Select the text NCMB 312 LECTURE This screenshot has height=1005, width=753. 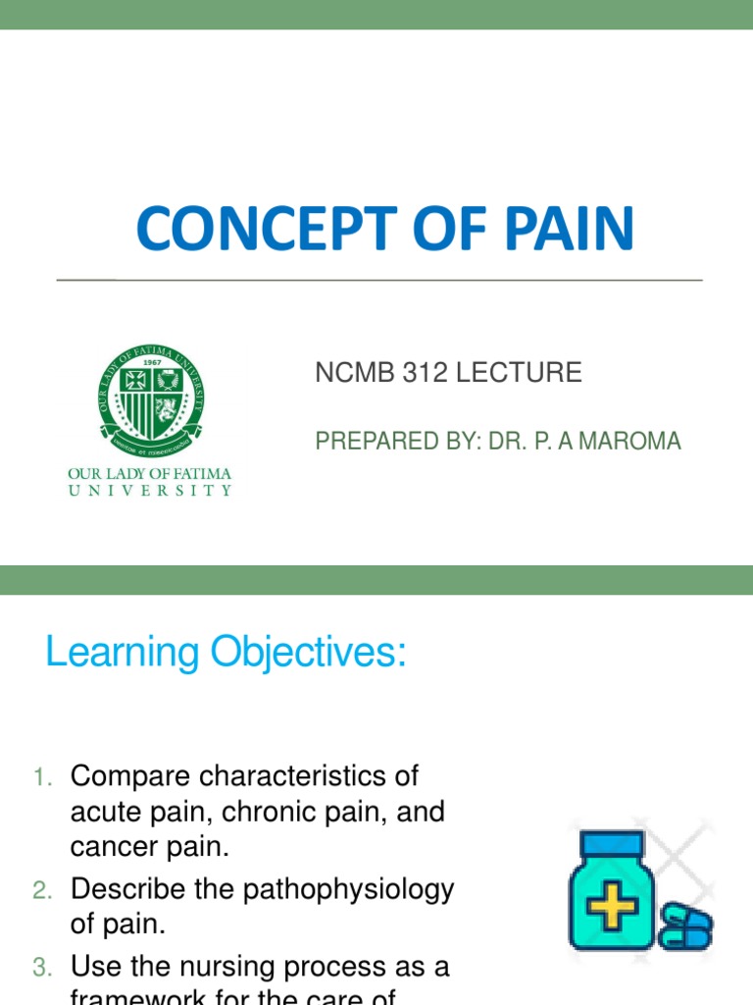(x=448, y=373)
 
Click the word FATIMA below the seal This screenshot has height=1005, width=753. (x=204, y=474)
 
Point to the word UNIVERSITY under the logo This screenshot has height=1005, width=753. (x=150, y=491)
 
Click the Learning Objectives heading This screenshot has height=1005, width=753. (x=226, y=653)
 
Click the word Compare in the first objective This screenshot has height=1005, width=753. (x=129, y=776)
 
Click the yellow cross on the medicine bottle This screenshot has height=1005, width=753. (x=612, y=909)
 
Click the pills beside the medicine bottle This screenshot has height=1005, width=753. (x=684, y=926)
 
